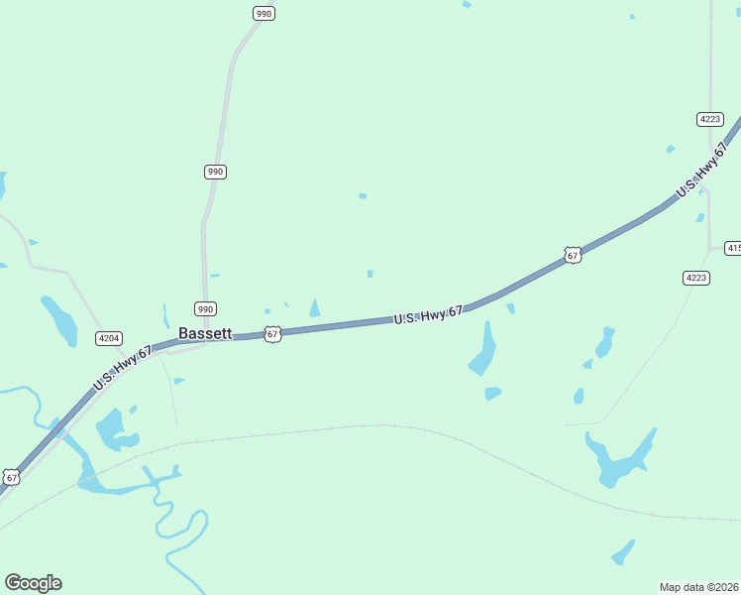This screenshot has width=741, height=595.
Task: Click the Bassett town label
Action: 205,334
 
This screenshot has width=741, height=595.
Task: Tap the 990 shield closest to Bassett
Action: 205,308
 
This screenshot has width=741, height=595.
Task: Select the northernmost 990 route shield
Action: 263,14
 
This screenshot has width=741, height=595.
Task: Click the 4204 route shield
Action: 109,338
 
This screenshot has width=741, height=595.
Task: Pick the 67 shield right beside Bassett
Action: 272,334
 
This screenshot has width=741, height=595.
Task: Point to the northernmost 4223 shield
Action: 709,118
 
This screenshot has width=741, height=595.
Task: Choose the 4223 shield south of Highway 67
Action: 696,278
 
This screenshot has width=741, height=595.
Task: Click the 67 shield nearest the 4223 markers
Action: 573,255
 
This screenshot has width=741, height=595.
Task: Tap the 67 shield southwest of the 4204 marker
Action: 12,477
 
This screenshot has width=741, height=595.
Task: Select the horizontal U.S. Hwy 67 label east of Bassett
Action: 428,315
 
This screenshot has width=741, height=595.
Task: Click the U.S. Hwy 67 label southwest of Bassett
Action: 123,367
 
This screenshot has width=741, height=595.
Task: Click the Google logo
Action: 33,583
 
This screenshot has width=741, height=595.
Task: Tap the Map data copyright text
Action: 699,586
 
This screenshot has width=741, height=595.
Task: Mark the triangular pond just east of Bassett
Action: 315,308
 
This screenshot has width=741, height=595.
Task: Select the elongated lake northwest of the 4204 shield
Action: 58,319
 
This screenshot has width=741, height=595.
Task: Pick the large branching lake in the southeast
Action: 618,459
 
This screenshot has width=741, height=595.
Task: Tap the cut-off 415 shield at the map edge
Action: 733,248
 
